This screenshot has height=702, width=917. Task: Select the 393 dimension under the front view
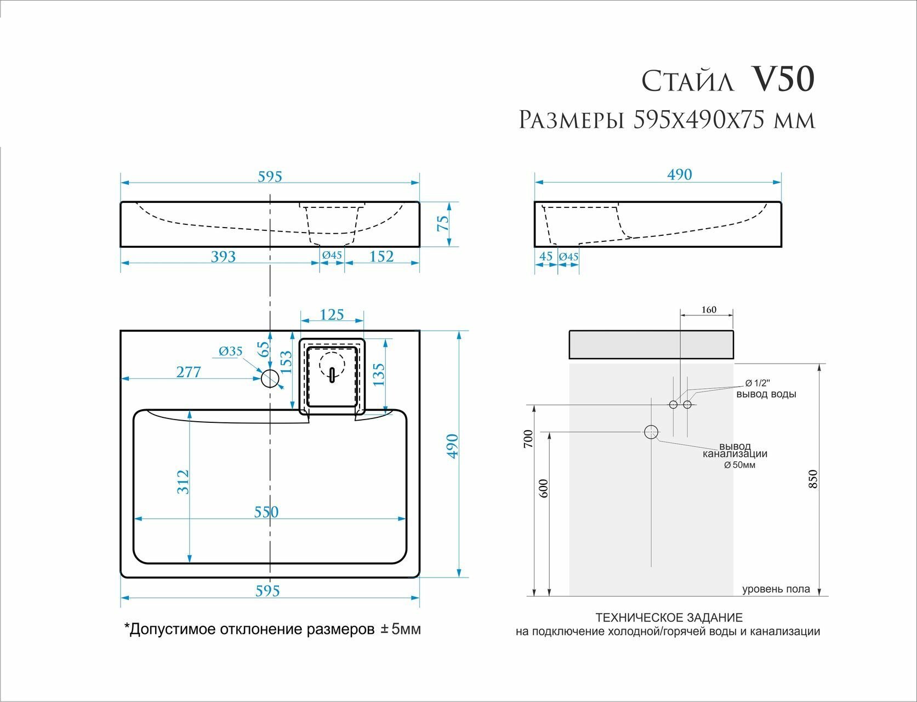click(x=223, y=256)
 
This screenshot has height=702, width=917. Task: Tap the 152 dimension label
click(x=381, y=256)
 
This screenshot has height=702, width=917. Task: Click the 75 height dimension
click(x=443, y=223)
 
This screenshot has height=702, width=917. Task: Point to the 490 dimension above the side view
click(x=679, y=174)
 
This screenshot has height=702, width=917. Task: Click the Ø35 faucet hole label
click(x=230, y=351)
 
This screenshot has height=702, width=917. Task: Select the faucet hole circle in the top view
click(x=270, y=378)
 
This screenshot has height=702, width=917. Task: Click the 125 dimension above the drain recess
click(x=332, y=314)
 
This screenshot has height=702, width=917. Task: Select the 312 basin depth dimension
click(x=183, y=482)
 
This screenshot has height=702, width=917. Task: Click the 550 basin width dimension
click(x=266, y=512)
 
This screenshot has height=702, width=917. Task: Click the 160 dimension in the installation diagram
click(x=708, y=310)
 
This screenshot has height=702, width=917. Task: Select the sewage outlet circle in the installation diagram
click(x=651, y=432)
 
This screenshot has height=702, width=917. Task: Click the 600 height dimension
click(x=544, y=488)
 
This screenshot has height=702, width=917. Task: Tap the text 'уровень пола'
click(x=776, y=590)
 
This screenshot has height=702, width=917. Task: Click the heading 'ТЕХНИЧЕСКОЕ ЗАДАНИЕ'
click(x=669, y=618)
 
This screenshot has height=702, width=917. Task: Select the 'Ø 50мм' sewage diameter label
click(x=739, y=465)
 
